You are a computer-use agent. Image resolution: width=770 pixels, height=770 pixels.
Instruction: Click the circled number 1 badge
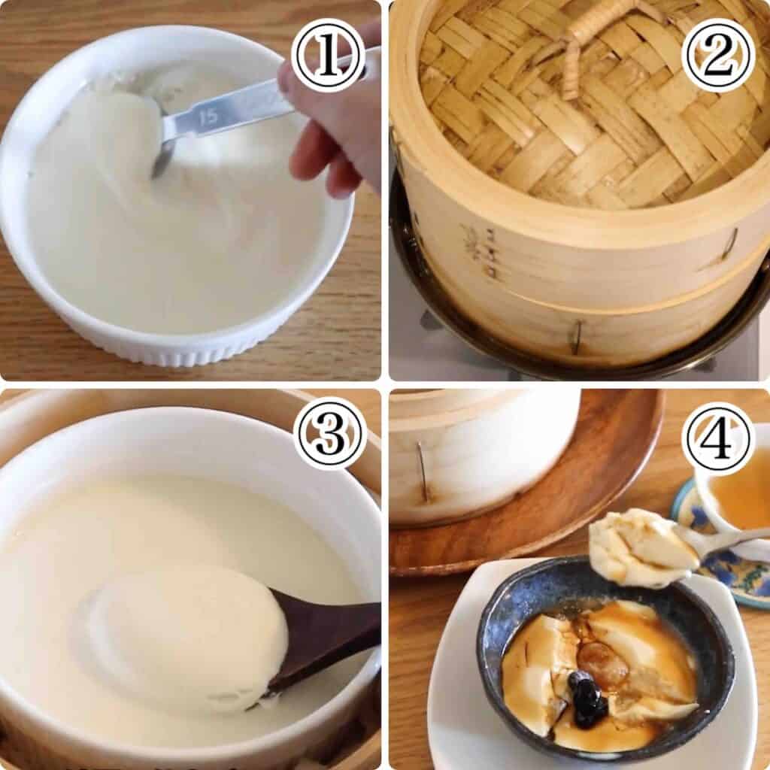pos(328,55)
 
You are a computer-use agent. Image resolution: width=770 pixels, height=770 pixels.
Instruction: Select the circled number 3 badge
pos(329,433)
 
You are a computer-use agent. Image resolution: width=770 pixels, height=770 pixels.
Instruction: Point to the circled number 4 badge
pos(718,439)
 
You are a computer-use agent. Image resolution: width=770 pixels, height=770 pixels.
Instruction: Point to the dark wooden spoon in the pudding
pos(323,639)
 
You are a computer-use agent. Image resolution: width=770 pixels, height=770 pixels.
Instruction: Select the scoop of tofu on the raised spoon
pos(639,545)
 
